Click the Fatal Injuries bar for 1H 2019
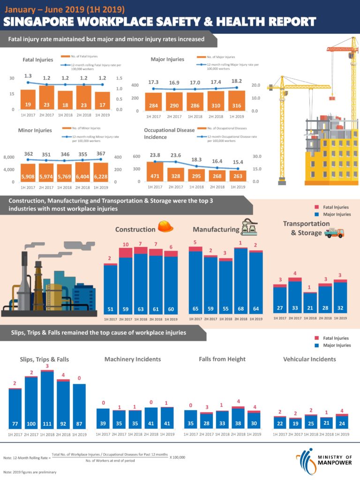(102, 100)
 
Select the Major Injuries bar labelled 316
(236, 100)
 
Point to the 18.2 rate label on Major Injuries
(236, 81)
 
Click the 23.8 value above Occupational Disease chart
(155, 155)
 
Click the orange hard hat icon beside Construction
(165, 226)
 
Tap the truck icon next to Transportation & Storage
(334, 232)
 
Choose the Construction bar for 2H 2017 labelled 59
(126, 281)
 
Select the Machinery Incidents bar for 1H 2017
(103, 418)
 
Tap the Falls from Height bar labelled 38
(238, 417)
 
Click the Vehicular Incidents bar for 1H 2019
(342, 421)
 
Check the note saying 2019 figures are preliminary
(30, 472)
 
